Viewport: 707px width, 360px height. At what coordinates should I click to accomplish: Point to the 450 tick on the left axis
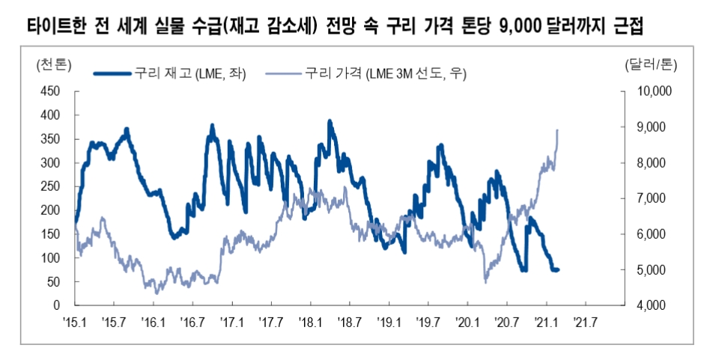pyautogui.click(x=49, y=91)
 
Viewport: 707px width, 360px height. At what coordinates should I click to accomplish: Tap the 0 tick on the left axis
pyautogui.click(x=56, y=306)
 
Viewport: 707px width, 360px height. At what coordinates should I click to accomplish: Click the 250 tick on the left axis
pyautogui.click(x=49, y=186)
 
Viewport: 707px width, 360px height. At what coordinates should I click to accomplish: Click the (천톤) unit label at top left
pyautogui.click(x=53, y=65)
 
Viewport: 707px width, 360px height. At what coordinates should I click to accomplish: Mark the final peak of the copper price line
pyautogui.click(x=557, y=130)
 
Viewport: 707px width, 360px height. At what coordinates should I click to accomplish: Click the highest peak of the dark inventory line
pyautogui.click(x=329, y=120)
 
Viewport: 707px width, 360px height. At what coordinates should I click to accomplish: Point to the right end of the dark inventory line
pyautogui.click(x=559, y=269)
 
